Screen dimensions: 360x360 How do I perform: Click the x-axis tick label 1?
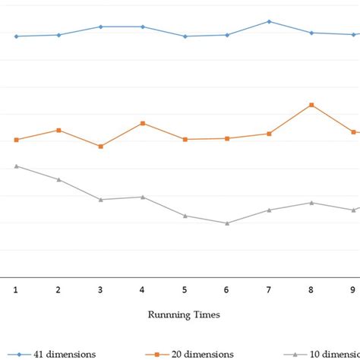coord(16,289)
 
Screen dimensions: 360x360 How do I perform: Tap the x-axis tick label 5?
coord(185,289)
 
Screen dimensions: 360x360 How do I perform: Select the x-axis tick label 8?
coord(311,289)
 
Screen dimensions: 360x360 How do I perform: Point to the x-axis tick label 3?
coord(100,289)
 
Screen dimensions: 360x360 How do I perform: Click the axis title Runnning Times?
coord(184,314)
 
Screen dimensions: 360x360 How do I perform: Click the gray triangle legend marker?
coord(295,354)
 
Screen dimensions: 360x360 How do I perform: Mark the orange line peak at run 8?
coord(311,105)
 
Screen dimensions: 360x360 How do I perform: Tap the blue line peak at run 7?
coord(269,21)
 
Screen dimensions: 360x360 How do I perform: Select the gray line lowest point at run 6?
coord(227,223)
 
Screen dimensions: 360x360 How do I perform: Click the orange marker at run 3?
coord(100,146)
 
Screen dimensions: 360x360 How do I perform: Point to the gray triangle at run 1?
coord(16,166)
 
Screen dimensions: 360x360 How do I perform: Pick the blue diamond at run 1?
coord(16,36)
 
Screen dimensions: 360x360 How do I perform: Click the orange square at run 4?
coord(143,123)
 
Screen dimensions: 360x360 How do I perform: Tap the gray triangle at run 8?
coord(311,203)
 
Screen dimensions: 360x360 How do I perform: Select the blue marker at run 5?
coord(185,36)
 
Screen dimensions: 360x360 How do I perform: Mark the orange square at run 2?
coord(58,130)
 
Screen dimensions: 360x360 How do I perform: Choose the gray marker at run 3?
coord(100,199)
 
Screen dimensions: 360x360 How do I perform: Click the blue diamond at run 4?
coord(143,27)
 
